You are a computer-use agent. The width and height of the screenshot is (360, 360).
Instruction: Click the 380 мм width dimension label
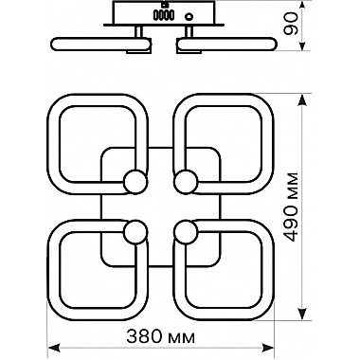(x=161, y=336)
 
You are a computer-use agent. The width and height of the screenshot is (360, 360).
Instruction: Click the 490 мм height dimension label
(x=291, y=207)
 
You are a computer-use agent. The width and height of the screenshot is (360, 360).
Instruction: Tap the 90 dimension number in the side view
(x=291, y=24)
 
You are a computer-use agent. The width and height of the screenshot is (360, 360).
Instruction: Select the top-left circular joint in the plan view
(x=135, y=181)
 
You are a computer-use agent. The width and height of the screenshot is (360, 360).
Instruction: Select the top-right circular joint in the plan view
(x=186, y=181)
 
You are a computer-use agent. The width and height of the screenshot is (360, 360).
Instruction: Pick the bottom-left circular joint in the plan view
(x=135, y=232)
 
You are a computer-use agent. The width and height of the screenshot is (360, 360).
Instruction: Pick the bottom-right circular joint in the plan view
(x=186, y=232)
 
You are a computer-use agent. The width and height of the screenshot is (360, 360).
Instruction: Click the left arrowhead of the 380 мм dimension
(x=53, y=348)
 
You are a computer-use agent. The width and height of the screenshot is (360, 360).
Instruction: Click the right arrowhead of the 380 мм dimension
(x=268, y=348)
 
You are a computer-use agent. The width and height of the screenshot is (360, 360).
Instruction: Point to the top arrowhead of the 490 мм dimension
(x=302, y=101)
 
